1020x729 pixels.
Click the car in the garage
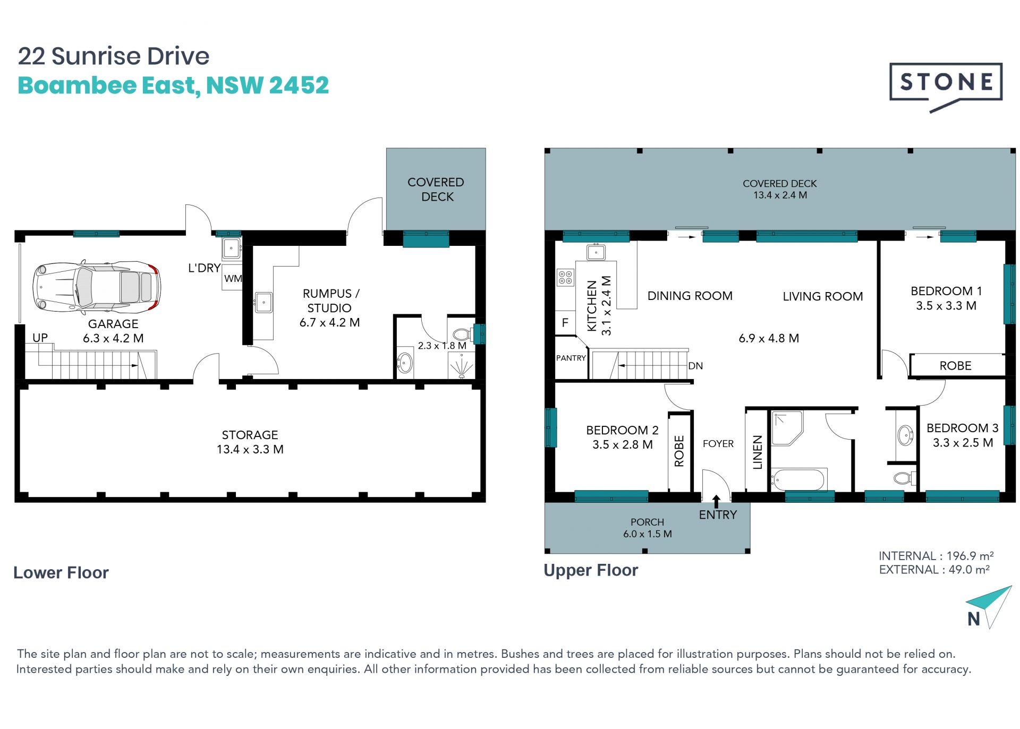click(96, 287)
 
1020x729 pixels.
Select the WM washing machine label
click(233, 278)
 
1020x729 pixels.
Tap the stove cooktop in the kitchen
click(565, 277)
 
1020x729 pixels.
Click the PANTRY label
click(571, 358)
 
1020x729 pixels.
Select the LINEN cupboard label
click(758, 452)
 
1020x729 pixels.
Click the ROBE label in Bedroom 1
click(955, 365)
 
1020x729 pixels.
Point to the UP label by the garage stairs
click(40, 338)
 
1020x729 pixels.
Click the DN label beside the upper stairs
click(695, 366)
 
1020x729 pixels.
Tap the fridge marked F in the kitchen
click(565, 322)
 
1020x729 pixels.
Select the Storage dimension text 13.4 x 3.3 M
click(250, 449)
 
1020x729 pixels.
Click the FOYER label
click(718, 443)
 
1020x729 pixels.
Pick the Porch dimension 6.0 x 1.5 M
click(647, 534)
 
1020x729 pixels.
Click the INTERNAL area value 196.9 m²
click(970, 555)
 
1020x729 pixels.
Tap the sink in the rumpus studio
click(263, 303)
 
